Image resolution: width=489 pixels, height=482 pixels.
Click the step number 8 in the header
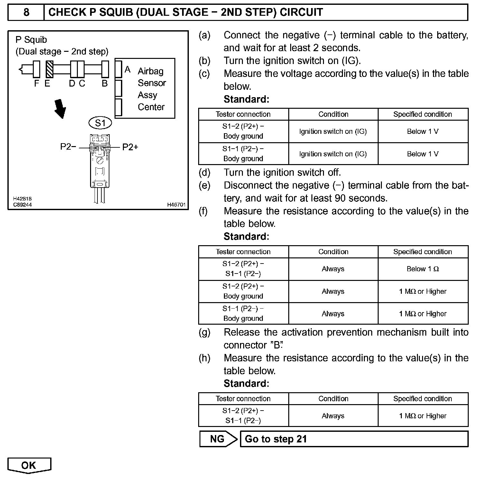click(x=26, y=12)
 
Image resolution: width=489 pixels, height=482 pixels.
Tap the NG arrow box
click(x=218, y=439)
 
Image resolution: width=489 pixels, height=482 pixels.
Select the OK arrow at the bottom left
click(x=29, y=465)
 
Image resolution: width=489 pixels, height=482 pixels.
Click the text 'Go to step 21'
click(x=276, y=439)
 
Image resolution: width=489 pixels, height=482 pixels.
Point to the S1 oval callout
click(x=100, y=123)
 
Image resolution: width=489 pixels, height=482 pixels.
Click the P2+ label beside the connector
click(x=130, y=147)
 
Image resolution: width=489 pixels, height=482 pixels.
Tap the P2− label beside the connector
click(x=68, y=147)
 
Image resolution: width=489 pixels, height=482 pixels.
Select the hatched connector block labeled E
click(x=49, y=69)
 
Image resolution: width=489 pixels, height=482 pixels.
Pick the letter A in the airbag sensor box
click(x=127, y=70)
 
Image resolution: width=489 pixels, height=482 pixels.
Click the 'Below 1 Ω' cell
click(x=423, y=269)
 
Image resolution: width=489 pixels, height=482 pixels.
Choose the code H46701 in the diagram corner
click(x=176, y=205)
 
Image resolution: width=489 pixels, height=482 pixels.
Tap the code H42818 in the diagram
click(x=23, y=199)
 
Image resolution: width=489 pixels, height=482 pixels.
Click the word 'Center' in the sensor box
click(x=151, y=107)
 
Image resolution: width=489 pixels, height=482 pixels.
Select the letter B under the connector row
click(x=105, y=84)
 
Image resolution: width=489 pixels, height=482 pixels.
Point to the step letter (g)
click(x=204, y=332)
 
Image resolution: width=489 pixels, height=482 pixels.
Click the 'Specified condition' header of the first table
click(x=422, y=114)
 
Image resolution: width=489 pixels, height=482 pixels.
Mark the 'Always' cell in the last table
click(x=333, y=416)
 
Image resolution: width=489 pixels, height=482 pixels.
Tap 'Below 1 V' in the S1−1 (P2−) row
click(x=422, y=154)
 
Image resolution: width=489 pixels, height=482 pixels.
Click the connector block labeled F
click(x=36, y=69)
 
